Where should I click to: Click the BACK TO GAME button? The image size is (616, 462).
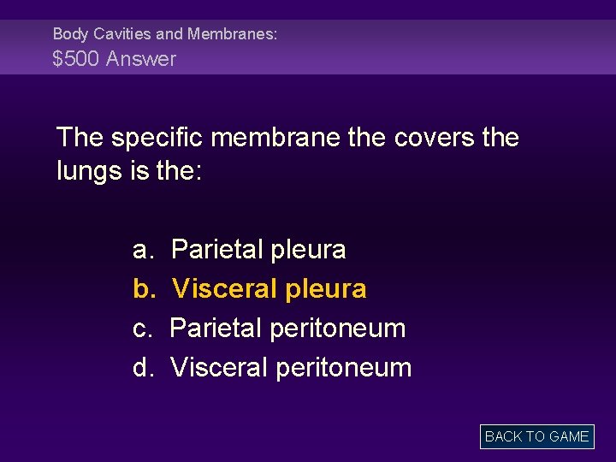[536, 436]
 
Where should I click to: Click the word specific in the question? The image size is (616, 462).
[158, 138]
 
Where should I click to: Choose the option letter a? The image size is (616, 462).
[142, 250]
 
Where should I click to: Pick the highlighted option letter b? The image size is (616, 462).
[142, 289]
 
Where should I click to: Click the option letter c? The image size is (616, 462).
[142, 329]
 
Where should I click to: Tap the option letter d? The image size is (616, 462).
[142, 368]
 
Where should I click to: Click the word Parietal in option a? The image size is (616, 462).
[216, 250]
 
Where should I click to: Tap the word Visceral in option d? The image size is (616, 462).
[219, 368]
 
